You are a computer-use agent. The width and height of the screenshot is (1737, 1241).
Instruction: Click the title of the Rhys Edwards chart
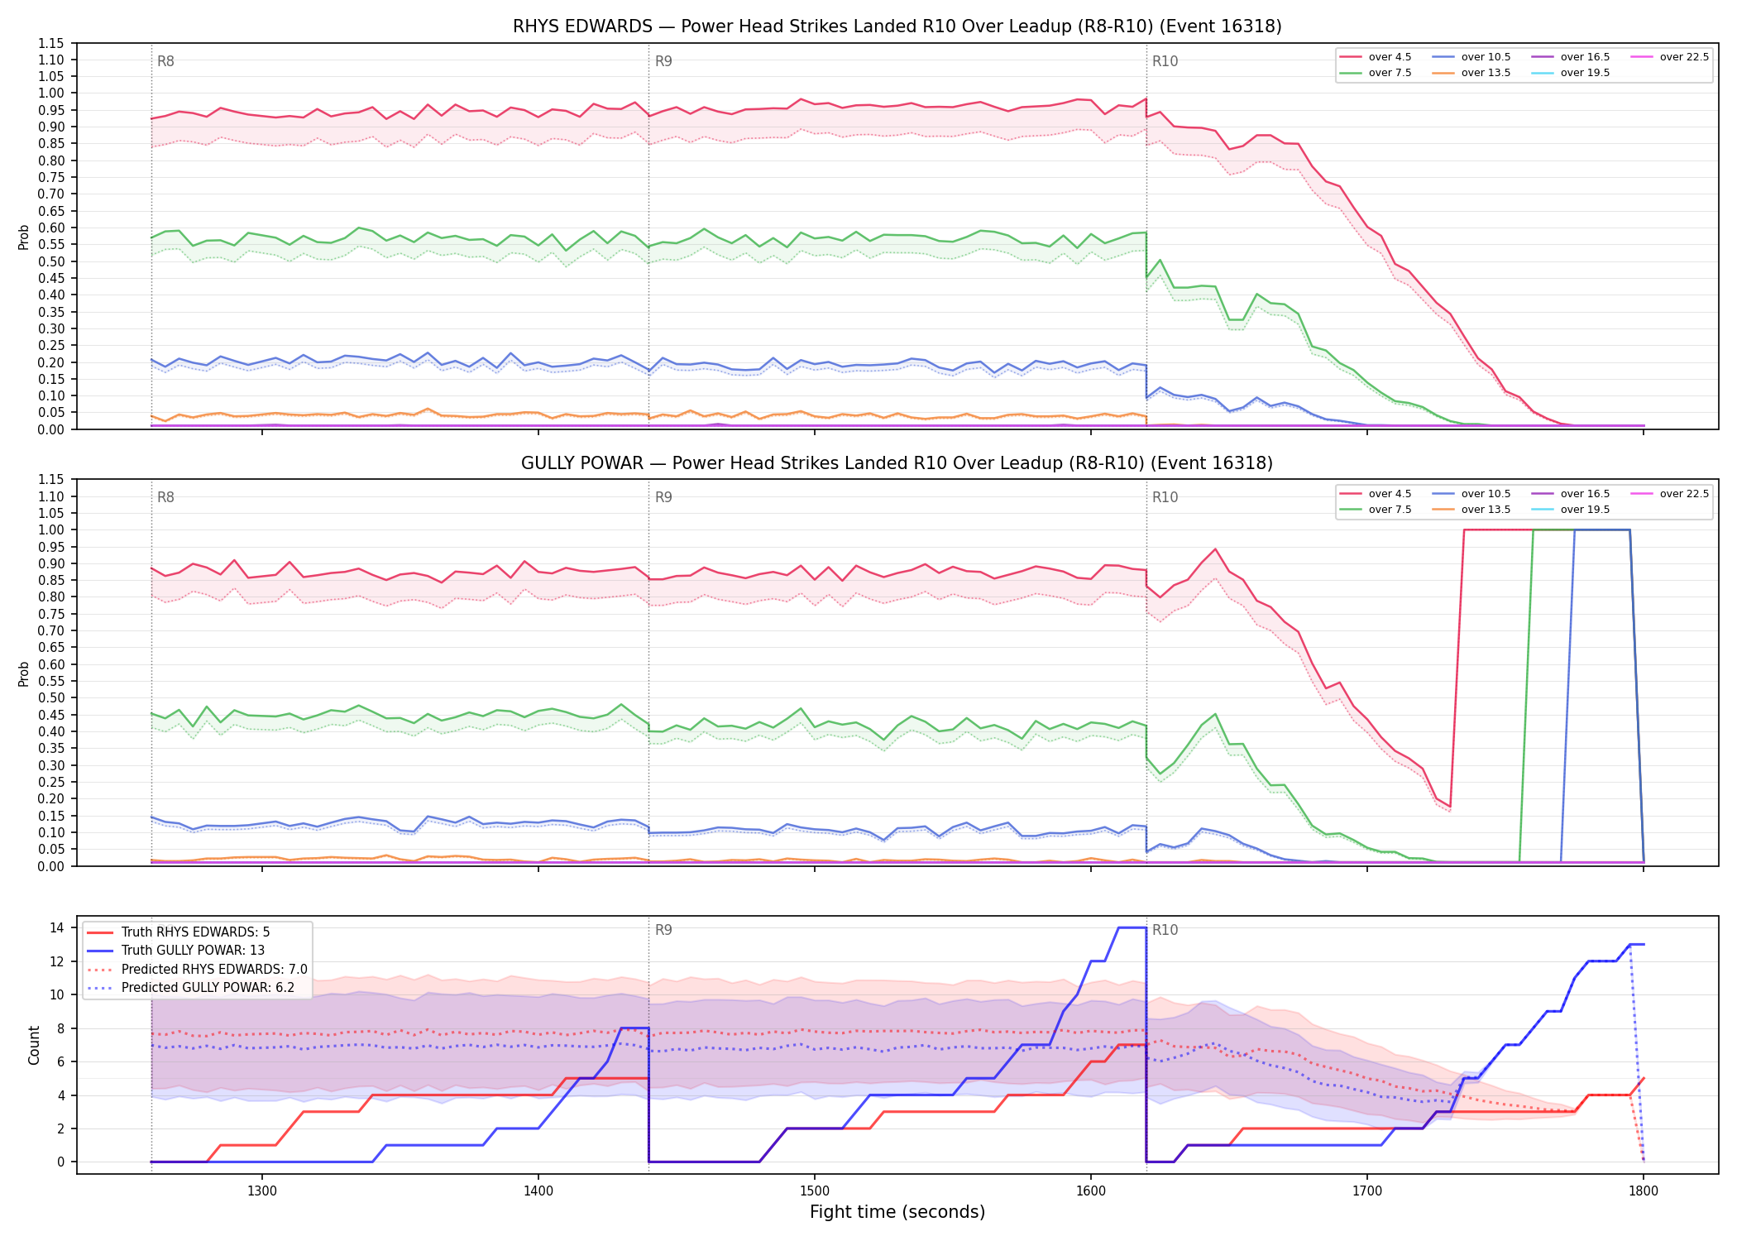897,26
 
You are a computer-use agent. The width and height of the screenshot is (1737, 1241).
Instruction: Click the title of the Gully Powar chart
897,463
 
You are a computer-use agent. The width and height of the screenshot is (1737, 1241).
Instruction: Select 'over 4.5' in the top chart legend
1390,57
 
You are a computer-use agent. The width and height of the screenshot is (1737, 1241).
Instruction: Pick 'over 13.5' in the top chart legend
1486,73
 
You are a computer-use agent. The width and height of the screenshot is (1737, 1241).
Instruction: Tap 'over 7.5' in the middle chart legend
1390,510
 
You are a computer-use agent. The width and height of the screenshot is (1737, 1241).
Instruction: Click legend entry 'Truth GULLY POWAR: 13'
193,951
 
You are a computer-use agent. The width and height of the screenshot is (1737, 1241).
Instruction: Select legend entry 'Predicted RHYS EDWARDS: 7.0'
214,969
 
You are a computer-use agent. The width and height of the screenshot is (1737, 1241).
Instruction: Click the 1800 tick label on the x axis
1644,1191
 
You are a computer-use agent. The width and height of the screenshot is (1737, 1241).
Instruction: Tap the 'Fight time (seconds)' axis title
897,1212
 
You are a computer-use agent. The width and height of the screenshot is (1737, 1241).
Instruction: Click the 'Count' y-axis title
34,1045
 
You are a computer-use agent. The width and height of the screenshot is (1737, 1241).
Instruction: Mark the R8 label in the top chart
165,61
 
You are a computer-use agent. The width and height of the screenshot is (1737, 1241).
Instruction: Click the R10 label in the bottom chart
1165,930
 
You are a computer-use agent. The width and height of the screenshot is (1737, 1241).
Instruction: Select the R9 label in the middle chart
663,497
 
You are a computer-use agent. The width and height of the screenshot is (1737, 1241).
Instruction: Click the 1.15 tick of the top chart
50,43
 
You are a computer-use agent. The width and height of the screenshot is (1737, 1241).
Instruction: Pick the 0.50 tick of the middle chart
50,697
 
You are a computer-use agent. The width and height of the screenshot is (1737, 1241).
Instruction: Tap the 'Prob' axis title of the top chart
24,237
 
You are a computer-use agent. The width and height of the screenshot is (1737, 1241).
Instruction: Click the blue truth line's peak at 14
1132,927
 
